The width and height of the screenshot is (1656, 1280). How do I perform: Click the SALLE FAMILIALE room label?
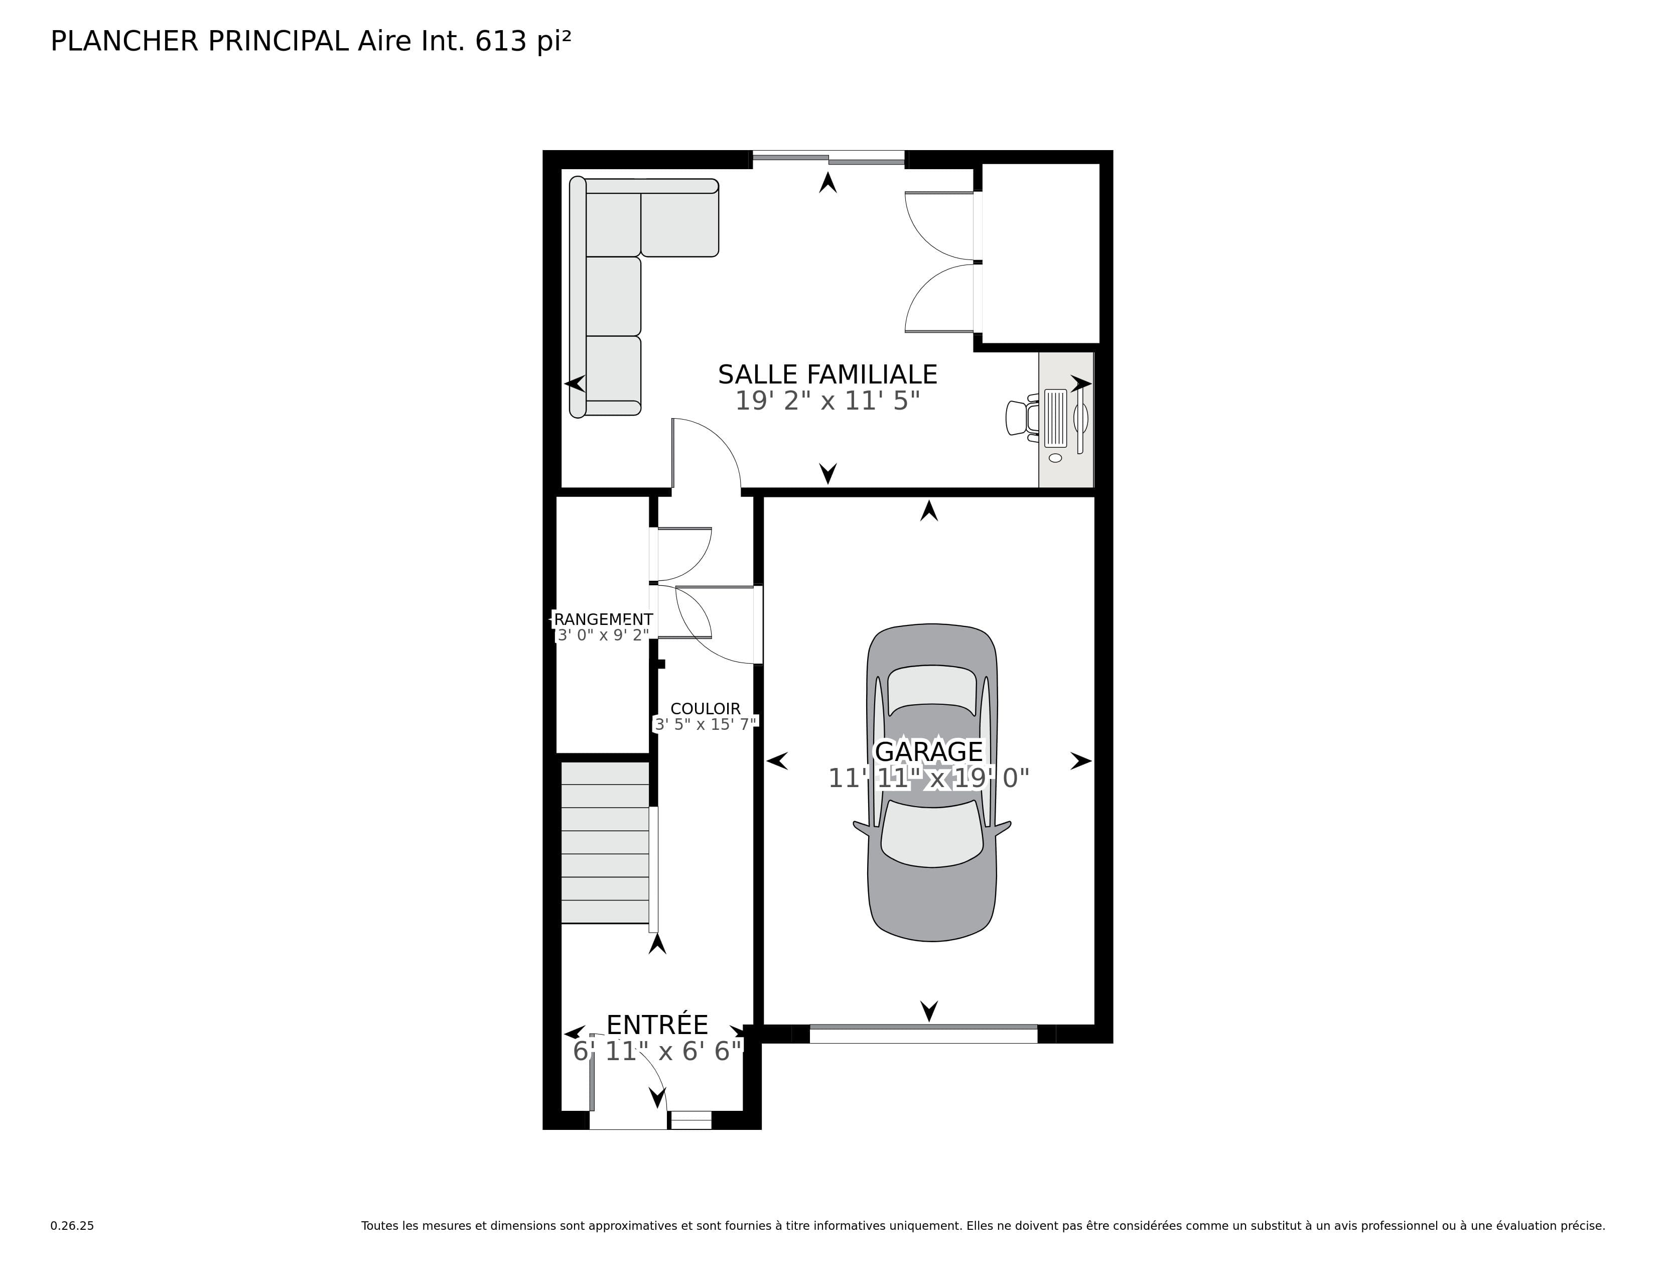[x=827, y=374]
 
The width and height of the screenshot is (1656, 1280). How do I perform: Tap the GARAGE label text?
[x=929, y=751]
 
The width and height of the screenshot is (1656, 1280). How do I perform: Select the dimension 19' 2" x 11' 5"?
[x=827, y=401]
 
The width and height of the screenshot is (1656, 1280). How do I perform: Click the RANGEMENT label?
[x=603, y=619]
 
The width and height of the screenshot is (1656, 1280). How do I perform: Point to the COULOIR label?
[x=705, y=708]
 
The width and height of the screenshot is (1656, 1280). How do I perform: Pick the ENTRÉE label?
[x=657, y=1025]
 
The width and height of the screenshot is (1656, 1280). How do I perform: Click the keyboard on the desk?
[x=1055, y=418]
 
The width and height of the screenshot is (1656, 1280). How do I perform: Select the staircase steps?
[x=604, y=842]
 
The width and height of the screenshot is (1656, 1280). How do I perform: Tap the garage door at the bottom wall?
[x=923, y=1033]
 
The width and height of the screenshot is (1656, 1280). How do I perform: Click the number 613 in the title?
[x=500, y=41]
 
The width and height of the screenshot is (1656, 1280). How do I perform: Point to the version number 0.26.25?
[x=72, y=1225]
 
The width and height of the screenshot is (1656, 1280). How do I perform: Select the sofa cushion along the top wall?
[x=679, y=224]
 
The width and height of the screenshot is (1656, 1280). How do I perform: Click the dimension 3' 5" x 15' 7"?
[x=705, y=724]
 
